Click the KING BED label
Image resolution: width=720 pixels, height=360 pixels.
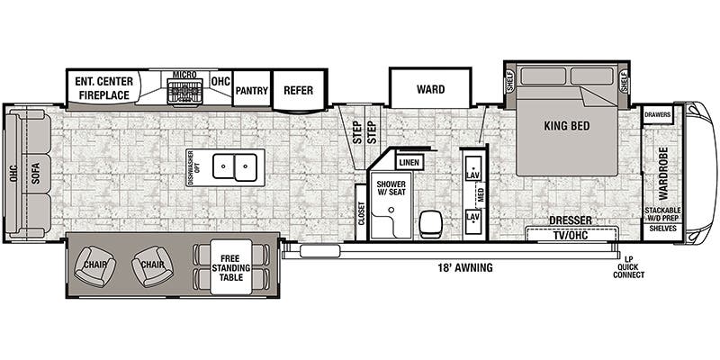567,126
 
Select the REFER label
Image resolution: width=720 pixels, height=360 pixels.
298,90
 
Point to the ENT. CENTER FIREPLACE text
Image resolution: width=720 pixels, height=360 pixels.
104,87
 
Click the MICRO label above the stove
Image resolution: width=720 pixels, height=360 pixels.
185,74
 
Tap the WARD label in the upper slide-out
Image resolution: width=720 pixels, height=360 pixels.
430,89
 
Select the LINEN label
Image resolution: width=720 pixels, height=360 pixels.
409,162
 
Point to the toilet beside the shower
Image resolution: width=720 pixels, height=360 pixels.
430,220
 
